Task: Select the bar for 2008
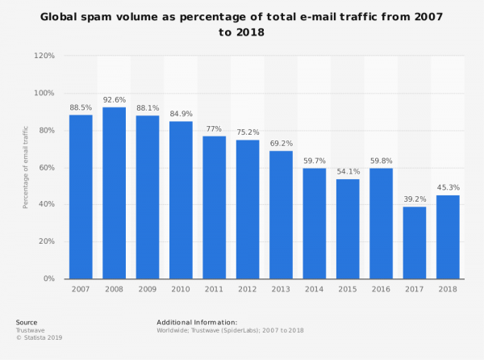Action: [114, 193]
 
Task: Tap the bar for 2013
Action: [281, 215]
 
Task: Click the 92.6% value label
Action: [114, 99]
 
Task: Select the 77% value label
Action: [214, 128]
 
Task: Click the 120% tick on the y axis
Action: [44, 56]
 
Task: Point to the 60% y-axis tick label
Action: [45, 167]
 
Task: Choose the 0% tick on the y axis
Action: [48, 278]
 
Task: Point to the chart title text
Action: [242, 25]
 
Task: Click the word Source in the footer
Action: [27, 322]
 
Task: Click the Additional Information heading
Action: [197, 322]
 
